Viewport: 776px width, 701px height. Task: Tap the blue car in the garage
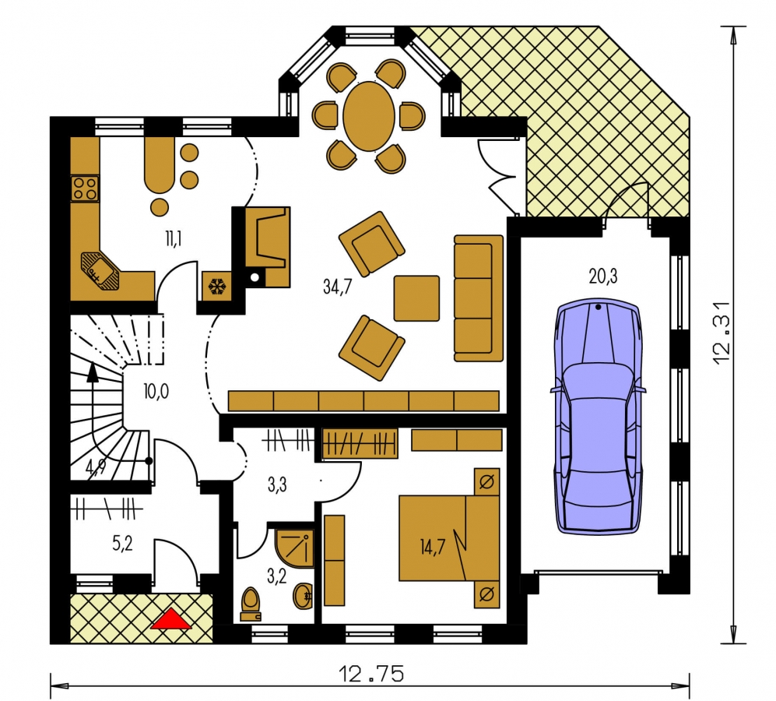tap(599, 417)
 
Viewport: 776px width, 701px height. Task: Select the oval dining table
tap(369, 116)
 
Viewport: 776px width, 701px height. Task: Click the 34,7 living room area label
tap(337, 287)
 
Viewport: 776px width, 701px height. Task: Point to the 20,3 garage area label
tap(602, 276)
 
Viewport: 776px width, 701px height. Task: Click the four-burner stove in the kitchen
tap(85, 188)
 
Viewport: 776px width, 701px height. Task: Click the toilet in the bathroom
tap(251, 604)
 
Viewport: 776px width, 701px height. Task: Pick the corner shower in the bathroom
tap(294, 548)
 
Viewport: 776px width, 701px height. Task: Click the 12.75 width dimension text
tap(371, 674)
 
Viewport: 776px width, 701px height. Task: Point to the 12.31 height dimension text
tap(722, 333)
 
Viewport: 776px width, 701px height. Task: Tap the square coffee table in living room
tap(416, 298)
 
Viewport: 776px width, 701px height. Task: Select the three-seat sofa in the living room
tap(479, 298)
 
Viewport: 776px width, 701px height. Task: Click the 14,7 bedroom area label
tap(432, 547)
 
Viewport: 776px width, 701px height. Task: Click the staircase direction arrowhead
tap(92, 372)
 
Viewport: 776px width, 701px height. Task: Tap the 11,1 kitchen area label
tap(174, 239)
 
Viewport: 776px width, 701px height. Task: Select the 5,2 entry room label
tap(122, 544)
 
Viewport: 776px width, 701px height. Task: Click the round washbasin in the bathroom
tap(302, 597)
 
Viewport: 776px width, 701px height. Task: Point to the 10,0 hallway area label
tap(156, 391)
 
